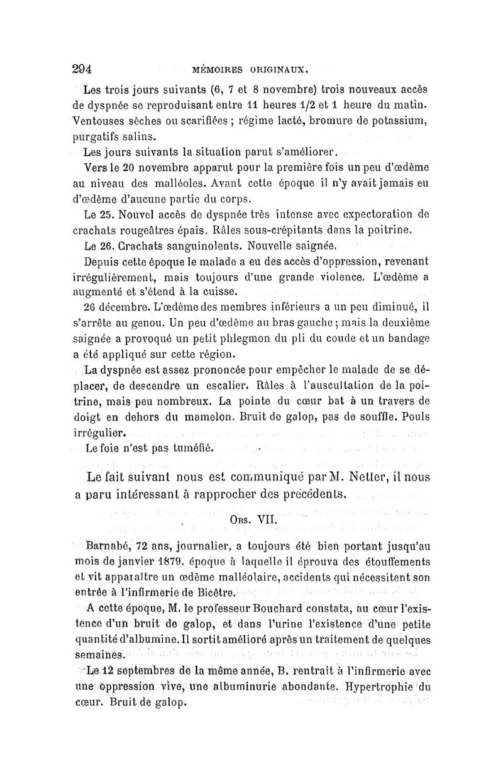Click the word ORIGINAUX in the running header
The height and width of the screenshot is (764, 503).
click(278, 69)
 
